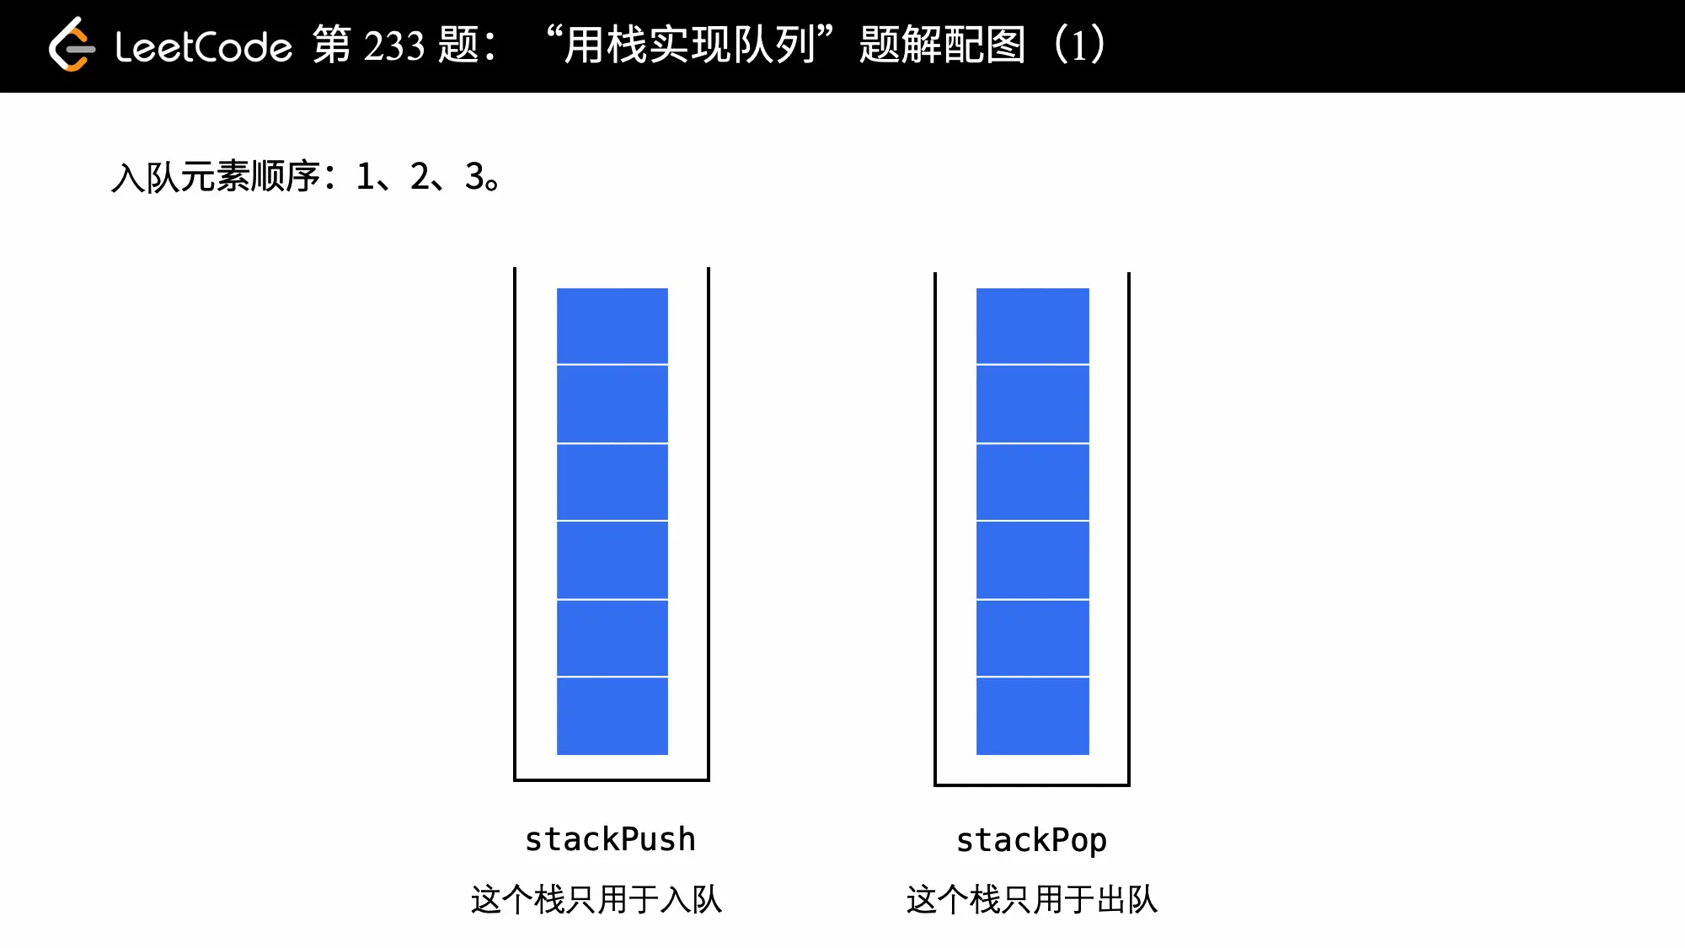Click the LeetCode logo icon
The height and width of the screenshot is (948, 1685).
coord(71,46)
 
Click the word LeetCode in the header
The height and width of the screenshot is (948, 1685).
coord(204,47)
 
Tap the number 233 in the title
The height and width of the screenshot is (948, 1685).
coord(394,46)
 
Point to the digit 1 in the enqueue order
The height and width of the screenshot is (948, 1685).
coord(365,177)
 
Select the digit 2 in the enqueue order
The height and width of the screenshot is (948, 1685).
coord(420,177)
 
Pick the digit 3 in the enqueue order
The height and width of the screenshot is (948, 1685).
coord(474,177)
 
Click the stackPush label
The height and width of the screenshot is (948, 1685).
coord(610,839)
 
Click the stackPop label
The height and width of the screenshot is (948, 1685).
coord(1031,840)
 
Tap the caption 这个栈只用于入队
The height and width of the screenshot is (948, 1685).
coord(596,899)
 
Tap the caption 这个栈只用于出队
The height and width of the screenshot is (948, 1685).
coord(1032,899)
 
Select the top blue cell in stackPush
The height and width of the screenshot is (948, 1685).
coord(612,326)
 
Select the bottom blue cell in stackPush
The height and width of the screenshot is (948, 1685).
coord(612,715)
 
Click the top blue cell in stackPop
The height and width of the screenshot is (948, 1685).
coord(1033,326)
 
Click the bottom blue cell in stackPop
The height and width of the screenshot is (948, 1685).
coord(1033,715)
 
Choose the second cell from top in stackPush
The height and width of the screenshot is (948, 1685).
coord(612,404)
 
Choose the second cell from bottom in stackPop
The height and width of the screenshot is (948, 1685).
coord(1033,638)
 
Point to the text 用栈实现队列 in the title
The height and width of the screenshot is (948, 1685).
coord(689,46)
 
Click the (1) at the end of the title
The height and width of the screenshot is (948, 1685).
coord(1079,46)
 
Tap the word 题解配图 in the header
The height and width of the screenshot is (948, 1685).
coord(942,46)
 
